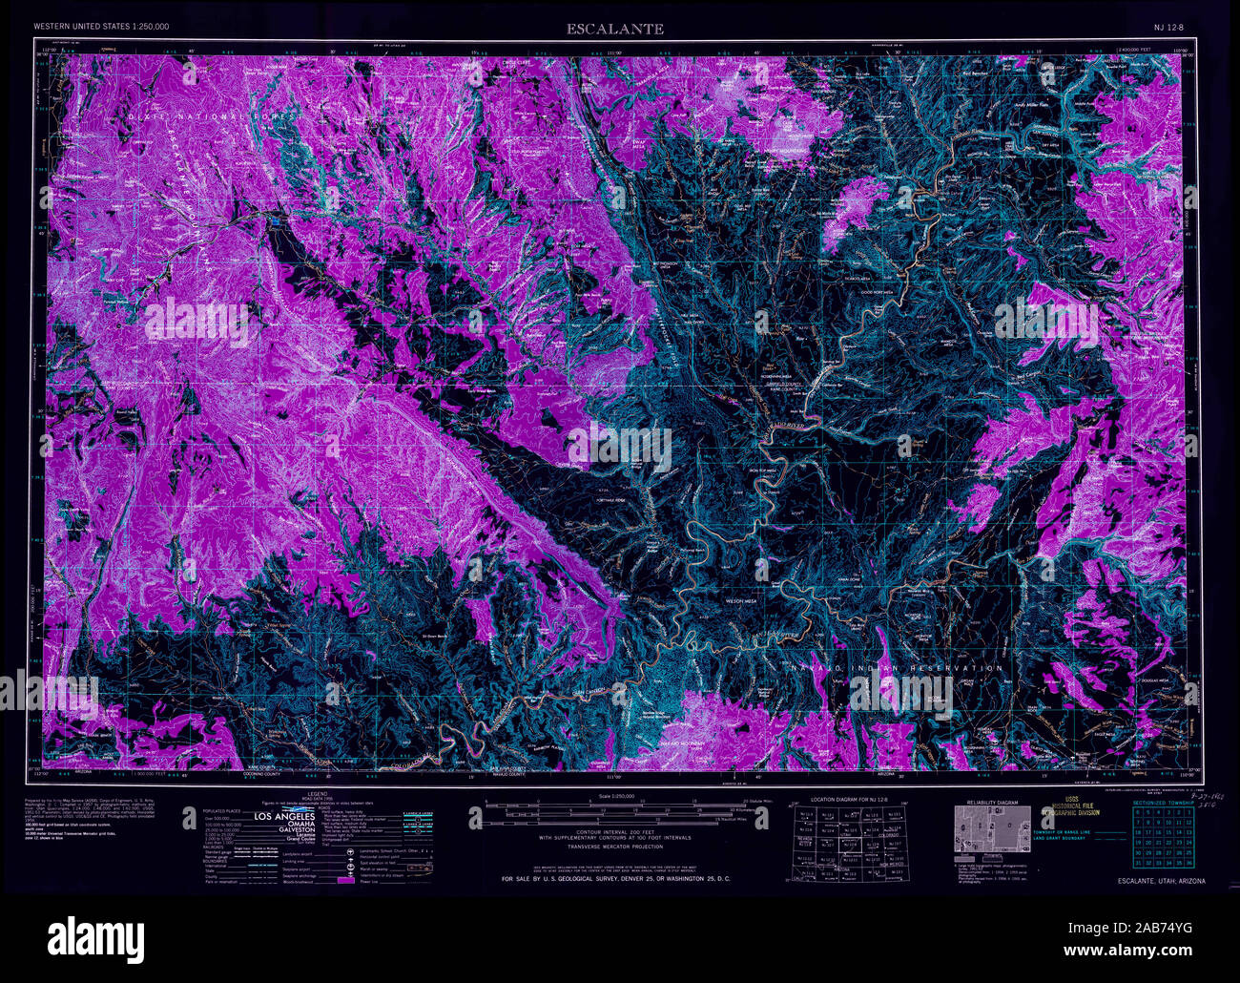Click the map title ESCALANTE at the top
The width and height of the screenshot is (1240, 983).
(614, 29)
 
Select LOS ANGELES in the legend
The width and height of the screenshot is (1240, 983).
(284, 818)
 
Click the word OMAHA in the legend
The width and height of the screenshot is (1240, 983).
(285, 826)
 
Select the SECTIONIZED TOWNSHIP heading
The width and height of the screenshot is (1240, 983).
(1163, 804)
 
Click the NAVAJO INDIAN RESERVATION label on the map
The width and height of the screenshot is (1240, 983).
(897, 668)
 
